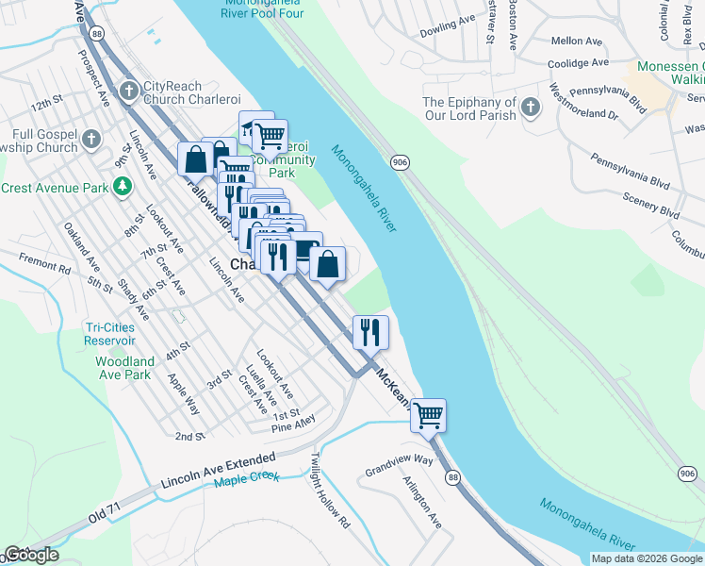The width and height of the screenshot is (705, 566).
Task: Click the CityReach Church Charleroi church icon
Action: [129, 91]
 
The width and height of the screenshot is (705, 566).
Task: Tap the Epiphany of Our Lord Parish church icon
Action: [531, 108]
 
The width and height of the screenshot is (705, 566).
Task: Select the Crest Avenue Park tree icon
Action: [122, 188]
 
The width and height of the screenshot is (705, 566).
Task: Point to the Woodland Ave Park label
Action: [124, 368]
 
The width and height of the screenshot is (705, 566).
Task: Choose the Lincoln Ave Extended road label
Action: [219, 469]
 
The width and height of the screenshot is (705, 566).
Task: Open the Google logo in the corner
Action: [31, 555]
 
